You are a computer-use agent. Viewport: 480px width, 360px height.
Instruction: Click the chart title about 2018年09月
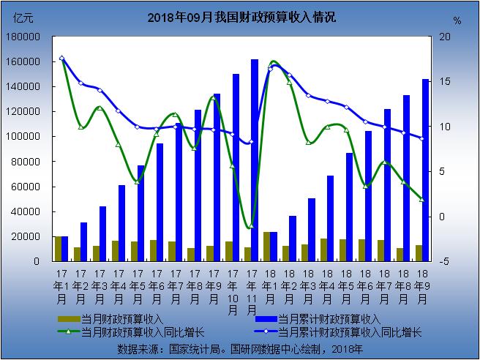point(241,16)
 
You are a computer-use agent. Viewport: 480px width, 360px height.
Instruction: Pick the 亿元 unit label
point(16,18)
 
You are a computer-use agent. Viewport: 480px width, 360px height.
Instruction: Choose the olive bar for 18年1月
point(267,247)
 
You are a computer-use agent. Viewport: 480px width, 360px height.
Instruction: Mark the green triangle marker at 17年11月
point(251,226)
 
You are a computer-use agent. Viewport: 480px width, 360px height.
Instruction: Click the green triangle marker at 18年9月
point(422,199)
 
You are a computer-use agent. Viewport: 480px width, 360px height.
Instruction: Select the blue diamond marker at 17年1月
point(61,58)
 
